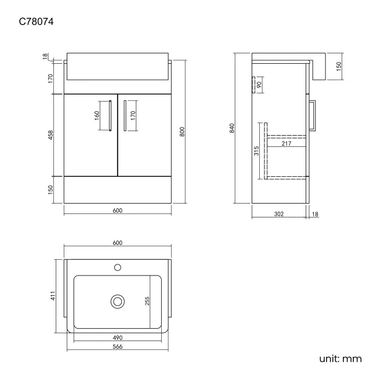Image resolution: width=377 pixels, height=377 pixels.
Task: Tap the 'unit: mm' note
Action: (x=340, y=359)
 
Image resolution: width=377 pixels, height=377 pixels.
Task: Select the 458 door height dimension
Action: (x=51, y=135)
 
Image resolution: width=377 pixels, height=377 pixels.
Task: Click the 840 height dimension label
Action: (x=231, y=128)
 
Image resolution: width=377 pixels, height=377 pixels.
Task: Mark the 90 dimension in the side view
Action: (x=259, y=85)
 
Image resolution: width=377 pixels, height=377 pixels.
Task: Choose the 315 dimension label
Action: (x=256, y=151)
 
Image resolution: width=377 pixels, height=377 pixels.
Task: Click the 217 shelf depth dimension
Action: (x=285, y=143)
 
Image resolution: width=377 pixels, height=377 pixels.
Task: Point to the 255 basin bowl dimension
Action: (x=147, y=302)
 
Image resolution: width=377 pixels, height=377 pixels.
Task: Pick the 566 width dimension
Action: (x=118, y=346)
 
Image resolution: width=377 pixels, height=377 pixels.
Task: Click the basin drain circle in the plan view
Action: (x=118, y=301)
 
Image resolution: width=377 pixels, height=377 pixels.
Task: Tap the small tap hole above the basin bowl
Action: (x=118, y=267)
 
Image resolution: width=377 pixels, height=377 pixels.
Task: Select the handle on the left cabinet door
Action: (x=110, y=116)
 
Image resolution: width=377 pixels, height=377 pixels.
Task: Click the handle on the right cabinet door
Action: (x=125, y=116)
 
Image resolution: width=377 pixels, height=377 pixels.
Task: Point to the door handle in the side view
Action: (x=313, y=117)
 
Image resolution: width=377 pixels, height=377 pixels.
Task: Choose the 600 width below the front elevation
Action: (x=118, y=211)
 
